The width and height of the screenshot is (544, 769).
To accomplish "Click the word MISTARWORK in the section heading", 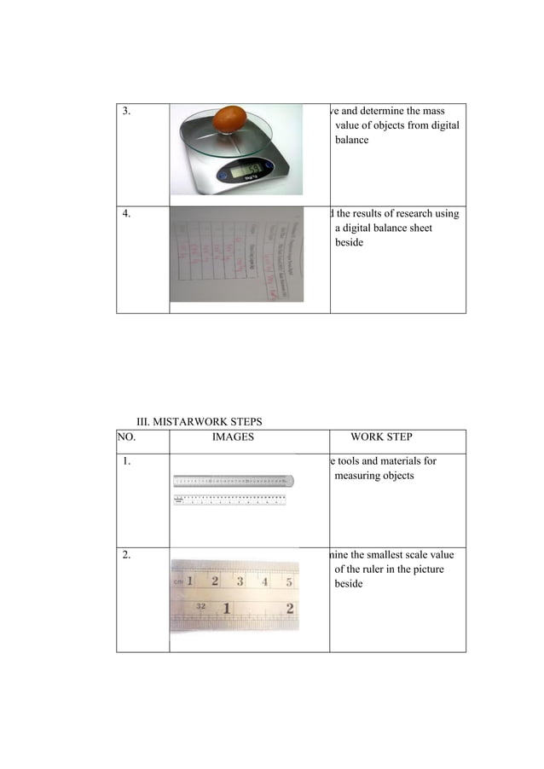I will (194, 421).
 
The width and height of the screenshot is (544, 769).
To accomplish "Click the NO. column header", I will (127, 437).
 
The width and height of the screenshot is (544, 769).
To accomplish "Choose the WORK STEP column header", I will (381, 437).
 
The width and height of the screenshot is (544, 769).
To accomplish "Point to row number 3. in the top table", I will (127, 112).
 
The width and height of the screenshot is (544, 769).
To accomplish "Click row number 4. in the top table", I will (127, 214).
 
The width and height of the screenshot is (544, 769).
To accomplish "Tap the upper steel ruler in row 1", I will (234, 481).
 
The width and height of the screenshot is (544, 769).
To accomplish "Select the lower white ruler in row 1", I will (229, 500).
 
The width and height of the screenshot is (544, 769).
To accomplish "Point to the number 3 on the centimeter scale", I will (240, 581).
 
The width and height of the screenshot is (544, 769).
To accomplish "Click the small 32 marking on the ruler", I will (201, 603).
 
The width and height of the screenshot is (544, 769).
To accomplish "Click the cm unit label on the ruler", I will (179, 581).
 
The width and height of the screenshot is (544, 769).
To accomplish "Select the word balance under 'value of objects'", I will (352, 140).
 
